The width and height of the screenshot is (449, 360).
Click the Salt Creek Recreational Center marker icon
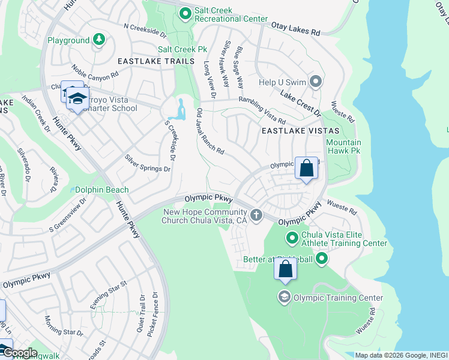click(x=185, y=13)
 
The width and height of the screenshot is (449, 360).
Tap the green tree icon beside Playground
click(x=98, y=40)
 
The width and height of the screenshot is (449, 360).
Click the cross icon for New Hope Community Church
click(x=256, y=215)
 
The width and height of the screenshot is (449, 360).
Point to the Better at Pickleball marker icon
click(x=322, y=259)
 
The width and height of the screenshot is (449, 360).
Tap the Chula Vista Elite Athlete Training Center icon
click(x=292, y=238)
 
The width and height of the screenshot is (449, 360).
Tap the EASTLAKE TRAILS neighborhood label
click(x=156, y=61)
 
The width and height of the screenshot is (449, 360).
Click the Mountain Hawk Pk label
click(x=343, y=147)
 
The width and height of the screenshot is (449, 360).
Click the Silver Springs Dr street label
click(x=147, y=163)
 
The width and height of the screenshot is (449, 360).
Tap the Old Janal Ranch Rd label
click(x=211, y=132)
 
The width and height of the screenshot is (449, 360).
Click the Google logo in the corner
click(x=19, y=352)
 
